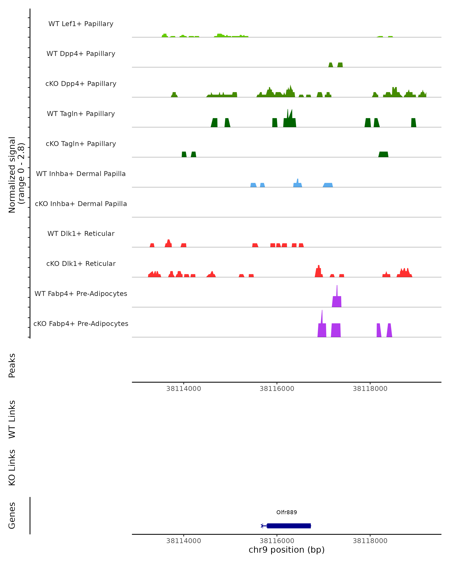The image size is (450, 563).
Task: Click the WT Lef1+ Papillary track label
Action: [81, 24]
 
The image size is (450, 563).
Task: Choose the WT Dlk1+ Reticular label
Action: [81, 233]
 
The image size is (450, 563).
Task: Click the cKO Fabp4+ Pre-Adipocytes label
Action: [81, 324]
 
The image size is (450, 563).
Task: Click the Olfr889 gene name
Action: [286, 512]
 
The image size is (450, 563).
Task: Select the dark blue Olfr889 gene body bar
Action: [289, 526]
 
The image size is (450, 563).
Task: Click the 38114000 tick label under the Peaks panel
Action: [184, 389]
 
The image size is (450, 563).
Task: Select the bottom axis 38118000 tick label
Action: [370, 541]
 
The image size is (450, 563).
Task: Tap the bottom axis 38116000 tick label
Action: [277, 541]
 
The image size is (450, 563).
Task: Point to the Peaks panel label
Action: [12, 365]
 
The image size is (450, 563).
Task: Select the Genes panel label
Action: [12, 516]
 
